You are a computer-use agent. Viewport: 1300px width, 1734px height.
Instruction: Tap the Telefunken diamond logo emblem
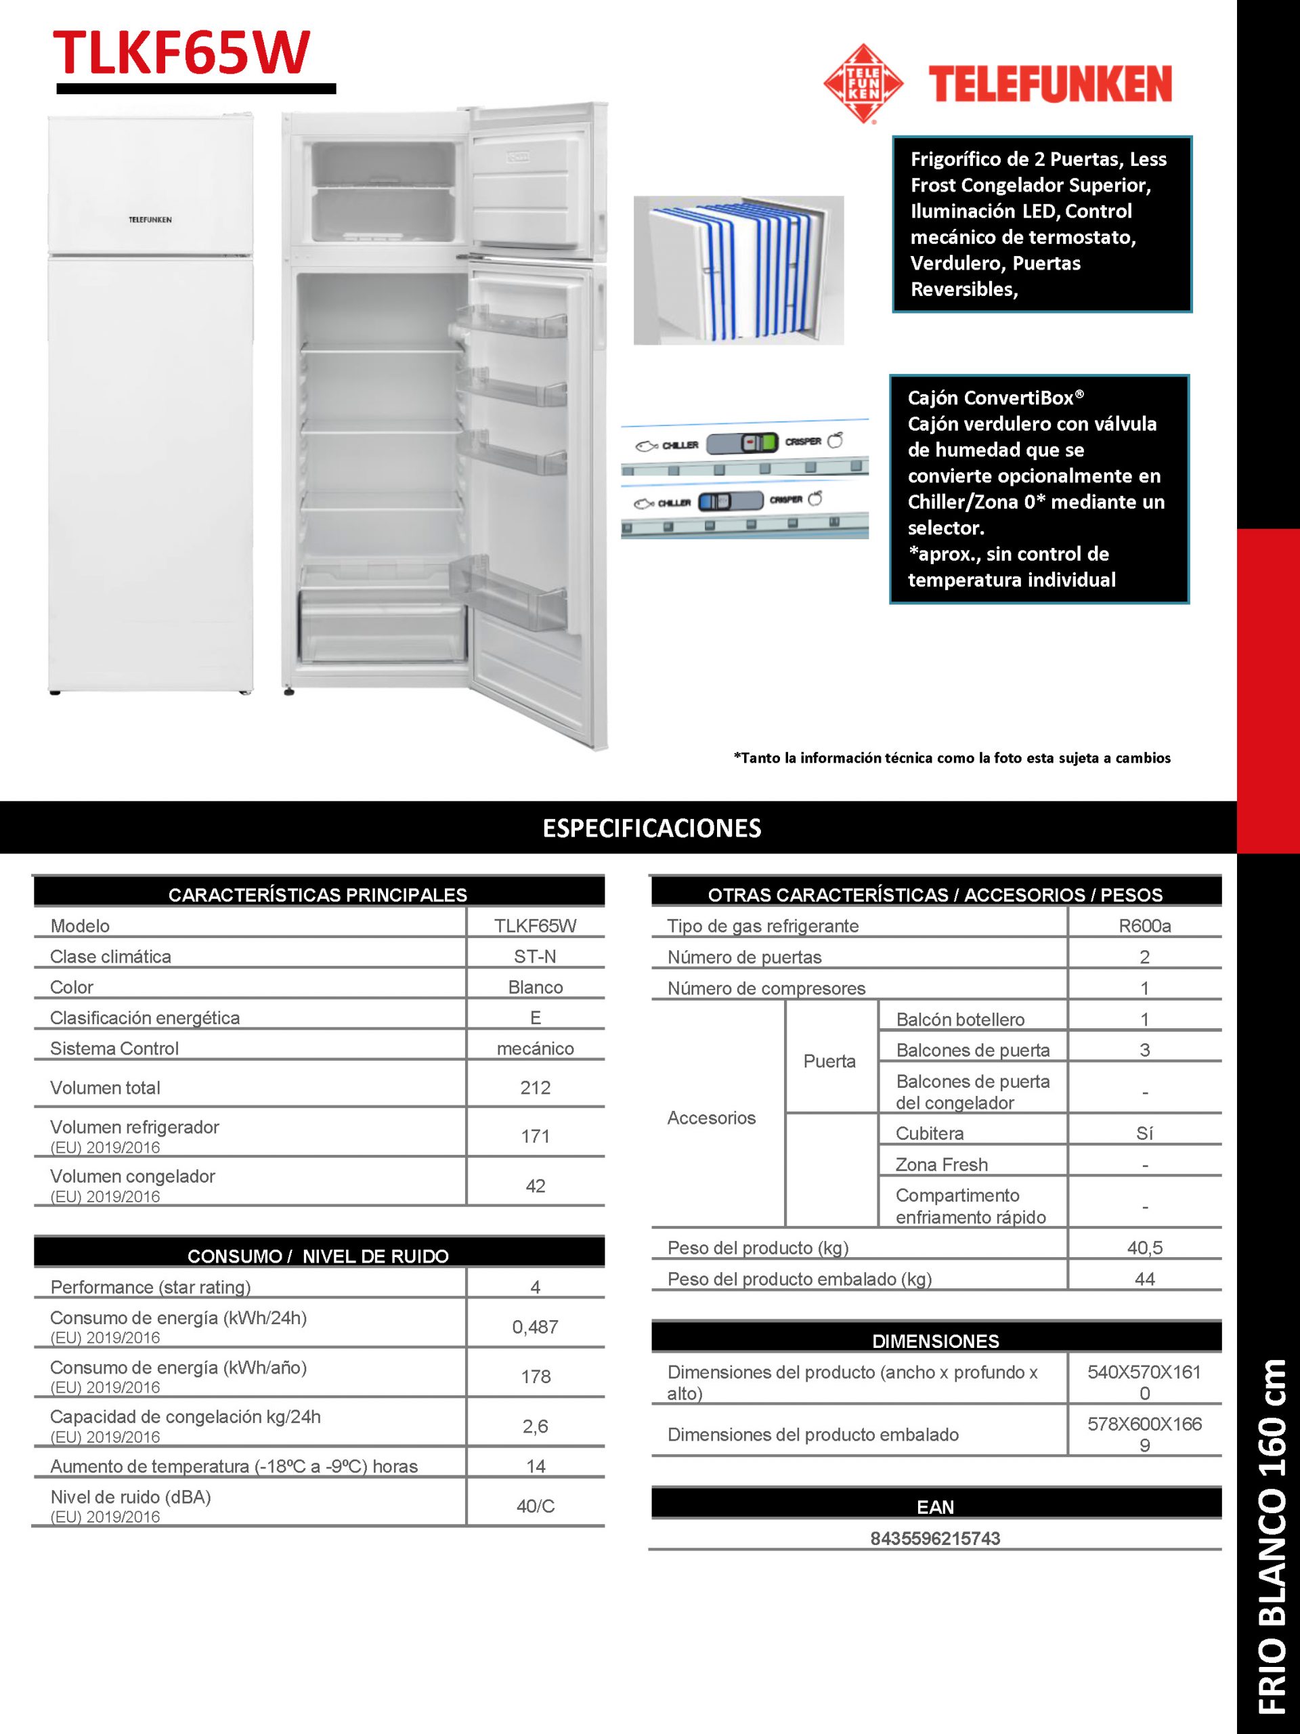[x=863, y=83]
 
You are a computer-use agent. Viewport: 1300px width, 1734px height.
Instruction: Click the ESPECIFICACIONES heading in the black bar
[x=651, y=828]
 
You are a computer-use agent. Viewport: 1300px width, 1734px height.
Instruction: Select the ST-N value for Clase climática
[x=535, y=956]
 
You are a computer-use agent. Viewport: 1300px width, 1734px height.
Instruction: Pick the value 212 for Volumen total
[x=535, y=1087]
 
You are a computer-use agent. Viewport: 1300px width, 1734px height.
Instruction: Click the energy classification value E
[x=535, y=1017]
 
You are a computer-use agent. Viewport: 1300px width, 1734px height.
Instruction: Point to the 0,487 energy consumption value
[x=535, y=1327]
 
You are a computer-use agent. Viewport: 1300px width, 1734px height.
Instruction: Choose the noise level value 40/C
[x=535, y=1506]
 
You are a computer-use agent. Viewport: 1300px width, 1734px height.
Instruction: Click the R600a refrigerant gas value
[x=1144, y=926]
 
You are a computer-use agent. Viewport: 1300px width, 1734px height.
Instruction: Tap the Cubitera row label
[x=930, y=1133]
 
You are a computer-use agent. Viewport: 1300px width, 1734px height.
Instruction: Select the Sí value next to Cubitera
[x=1144, y=1133]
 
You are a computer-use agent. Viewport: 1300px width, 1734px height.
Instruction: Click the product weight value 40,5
[x=1144, y=1247]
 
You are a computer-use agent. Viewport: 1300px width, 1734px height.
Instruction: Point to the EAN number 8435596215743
[x=935, y=1538]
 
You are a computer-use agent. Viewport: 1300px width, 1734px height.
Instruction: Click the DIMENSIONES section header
[x=936, y=1340]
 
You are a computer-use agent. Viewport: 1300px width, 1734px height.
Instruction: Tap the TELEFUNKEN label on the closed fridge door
[x=150, y=219]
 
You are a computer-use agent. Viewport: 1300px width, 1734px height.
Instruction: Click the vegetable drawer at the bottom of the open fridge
[x=383, y=627]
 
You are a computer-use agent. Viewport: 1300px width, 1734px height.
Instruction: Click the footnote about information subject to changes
[x=951, y=758]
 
